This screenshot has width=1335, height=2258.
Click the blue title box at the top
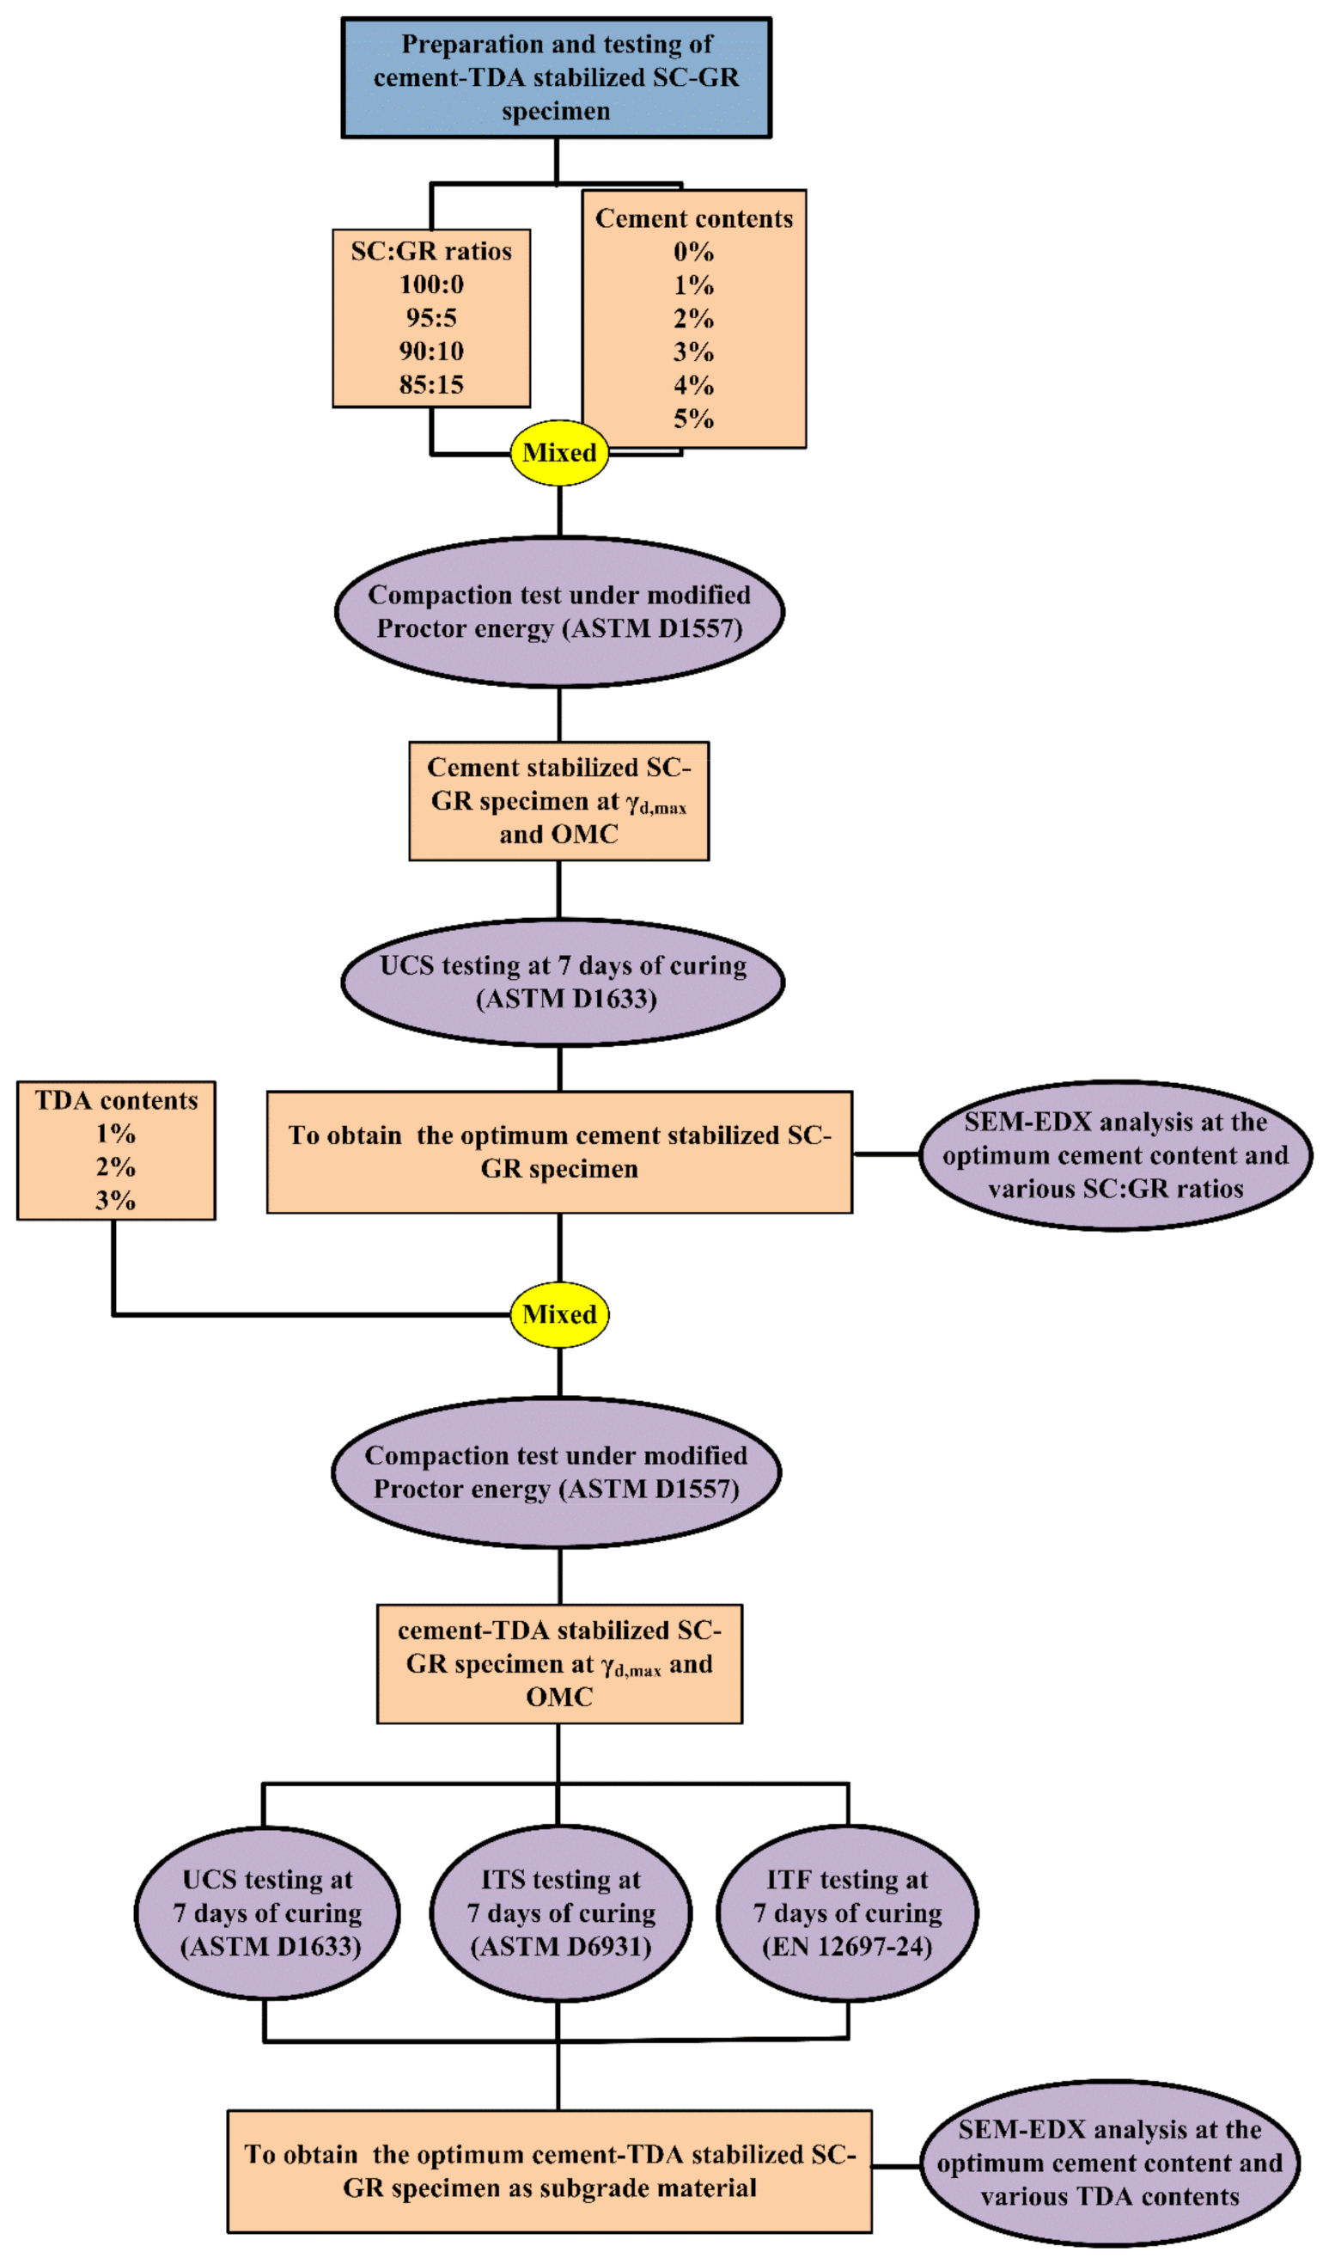pos(555,77)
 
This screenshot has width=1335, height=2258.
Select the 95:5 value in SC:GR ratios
pos(431,318)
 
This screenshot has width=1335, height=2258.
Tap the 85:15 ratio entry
pos(431,384)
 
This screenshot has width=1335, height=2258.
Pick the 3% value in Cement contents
pos(692,352)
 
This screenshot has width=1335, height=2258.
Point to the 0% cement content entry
pos(692,252)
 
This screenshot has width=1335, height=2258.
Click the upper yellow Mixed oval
pos(558,453)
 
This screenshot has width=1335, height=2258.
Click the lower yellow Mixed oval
pos(558,1315)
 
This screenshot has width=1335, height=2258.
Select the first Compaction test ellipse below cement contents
pos(558,612)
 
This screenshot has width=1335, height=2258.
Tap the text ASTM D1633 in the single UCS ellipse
pos(566,999)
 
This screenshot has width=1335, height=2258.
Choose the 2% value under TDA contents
pos(116,1167)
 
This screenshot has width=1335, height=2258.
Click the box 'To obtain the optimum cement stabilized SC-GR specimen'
pos(558,1152)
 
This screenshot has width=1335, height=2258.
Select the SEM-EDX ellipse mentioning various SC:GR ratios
pos(1114,1155)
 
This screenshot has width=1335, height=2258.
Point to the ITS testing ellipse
pos(560,1912)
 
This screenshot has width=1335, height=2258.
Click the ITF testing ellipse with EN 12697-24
pos(846,1912)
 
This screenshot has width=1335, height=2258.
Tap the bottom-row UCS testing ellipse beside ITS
pos(267,1912)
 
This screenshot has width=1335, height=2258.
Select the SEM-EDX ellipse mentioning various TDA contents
pos(1109,2163)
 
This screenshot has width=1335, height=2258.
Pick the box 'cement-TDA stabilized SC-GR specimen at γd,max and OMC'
pos(558,1663)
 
